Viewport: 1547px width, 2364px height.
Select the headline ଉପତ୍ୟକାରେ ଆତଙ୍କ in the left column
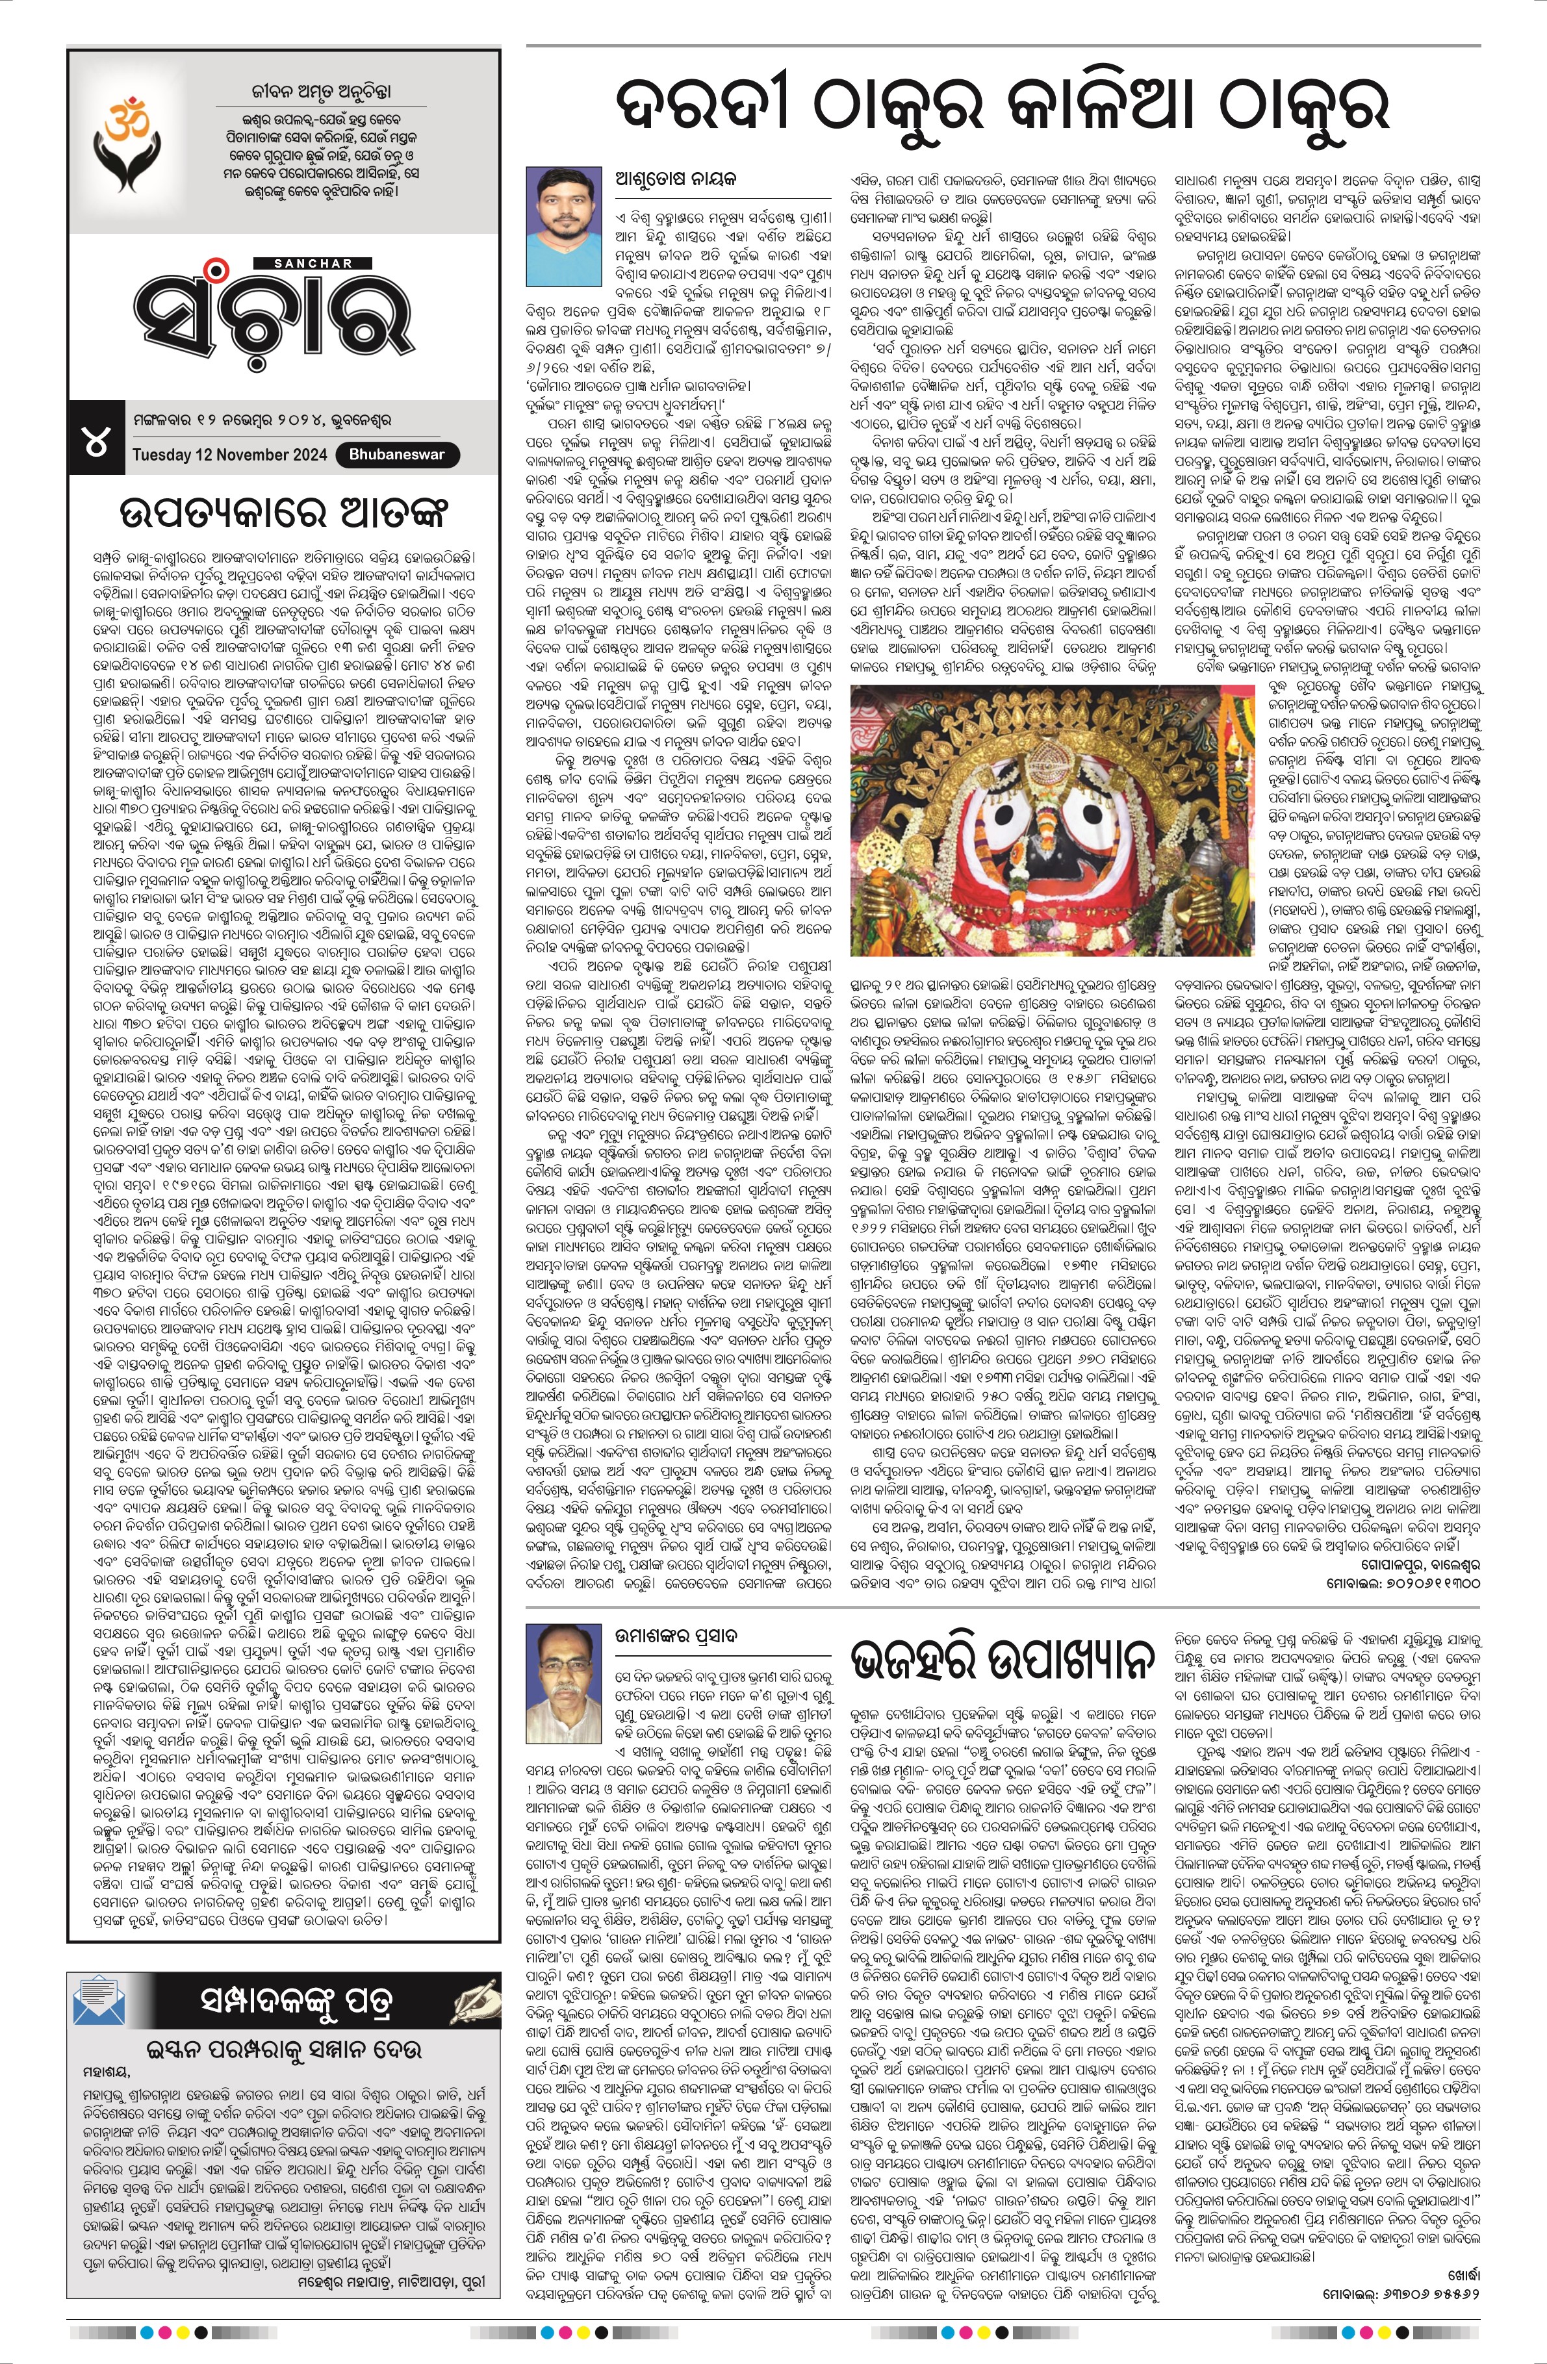(282, 515)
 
